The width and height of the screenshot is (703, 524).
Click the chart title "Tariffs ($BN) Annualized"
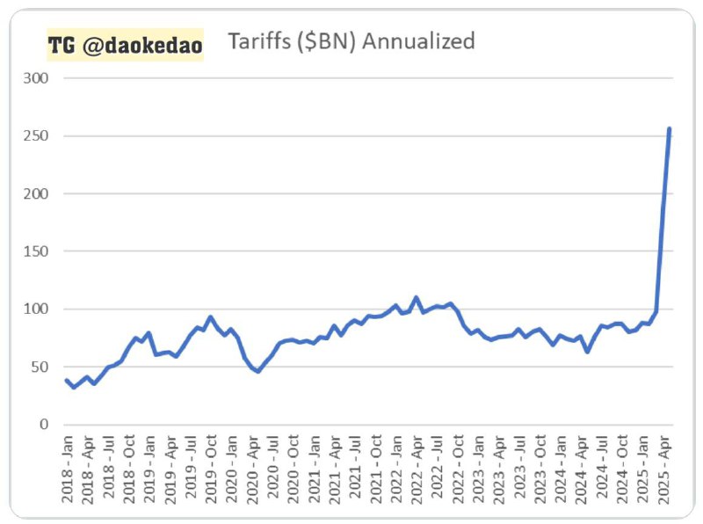[x=351, y=40]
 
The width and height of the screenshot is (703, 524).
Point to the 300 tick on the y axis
[x=37, y=78]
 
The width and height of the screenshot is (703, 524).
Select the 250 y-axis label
[x=37, y=136]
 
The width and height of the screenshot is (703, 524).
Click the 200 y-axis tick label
[x=37, y=193]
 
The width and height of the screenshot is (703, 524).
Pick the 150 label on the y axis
[x=37, y=251]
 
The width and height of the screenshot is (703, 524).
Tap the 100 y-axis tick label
[x=37, y=309]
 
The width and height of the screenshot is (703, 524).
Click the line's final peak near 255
[x=670, y=129]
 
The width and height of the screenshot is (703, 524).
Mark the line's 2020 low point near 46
[x=257, y=371]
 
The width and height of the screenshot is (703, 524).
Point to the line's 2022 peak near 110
[x=416, y=297]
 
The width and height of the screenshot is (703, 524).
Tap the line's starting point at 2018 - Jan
[x=67, y=381]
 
